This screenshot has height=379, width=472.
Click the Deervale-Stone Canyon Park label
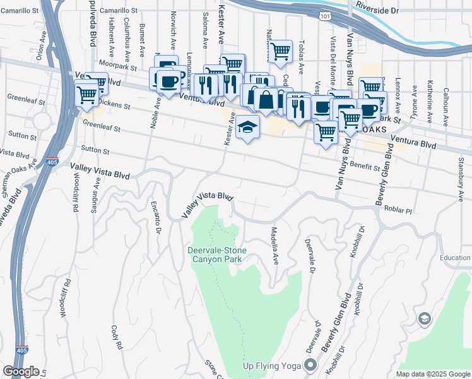(216, 255)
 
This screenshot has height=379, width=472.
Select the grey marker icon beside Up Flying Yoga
(310, 365)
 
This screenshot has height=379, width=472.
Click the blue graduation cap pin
(248, 127)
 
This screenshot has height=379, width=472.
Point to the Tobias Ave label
(302, 59)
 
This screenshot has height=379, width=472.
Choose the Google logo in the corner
(21, 371)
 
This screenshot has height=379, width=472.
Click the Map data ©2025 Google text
(432, 374)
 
